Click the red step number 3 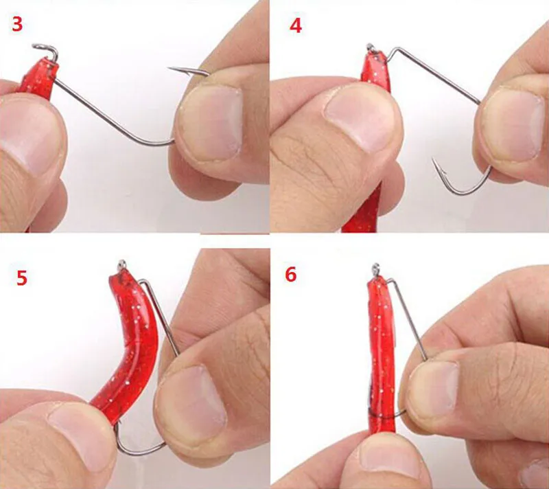coord(17,24)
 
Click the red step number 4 coord(296,26)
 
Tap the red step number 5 coord(22,277)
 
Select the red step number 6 coord(291,274)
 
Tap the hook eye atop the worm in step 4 coord(371,47)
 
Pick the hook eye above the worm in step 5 coord(121,264)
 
